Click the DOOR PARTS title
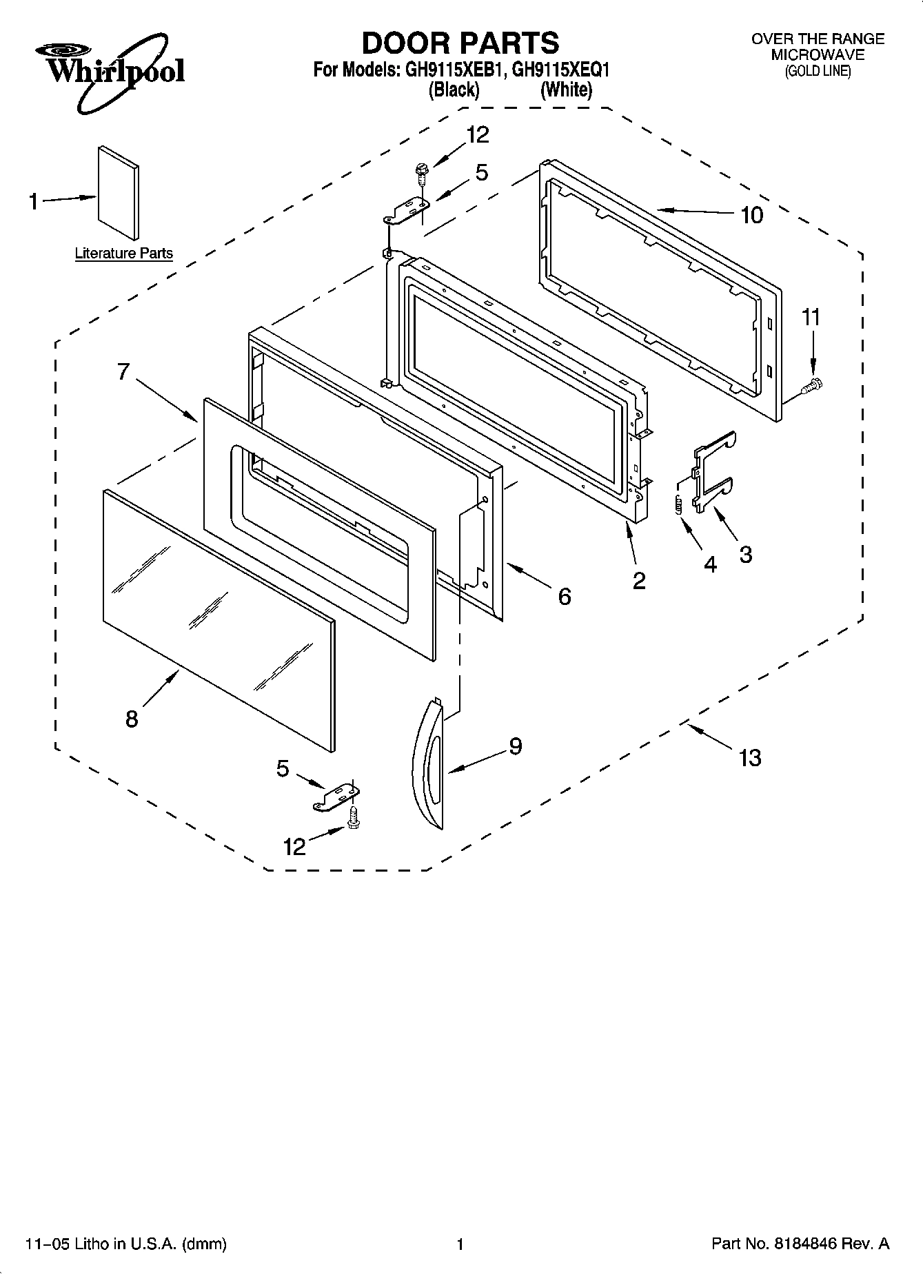point(460,43)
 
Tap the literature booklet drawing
point(118,192)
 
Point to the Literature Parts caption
point(123,254)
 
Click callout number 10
point(751,215)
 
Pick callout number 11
point(811,318)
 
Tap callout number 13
point(750,758)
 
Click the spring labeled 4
point(678,504)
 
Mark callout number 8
point(132,719)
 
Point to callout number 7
point(123,372)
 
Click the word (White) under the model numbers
point(566,90)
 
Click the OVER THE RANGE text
point(818,39)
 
